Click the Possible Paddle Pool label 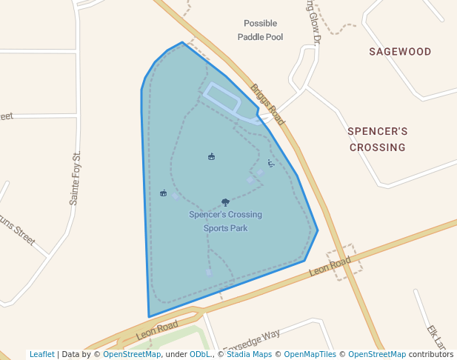260,30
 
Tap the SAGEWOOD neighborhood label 400,52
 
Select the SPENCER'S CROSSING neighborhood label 378,139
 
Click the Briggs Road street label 267,104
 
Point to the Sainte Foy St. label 74,179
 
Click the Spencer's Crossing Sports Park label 225,221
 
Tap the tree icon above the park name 225,202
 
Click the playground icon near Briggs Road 271,164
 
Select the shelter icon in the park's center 212,156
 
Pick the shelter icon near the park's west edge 163,193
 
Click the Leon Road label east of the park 330,267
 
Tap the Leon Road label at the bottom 157,330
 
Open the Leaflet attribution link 42,354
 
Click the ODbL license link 200,354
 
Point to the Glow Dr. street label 310,30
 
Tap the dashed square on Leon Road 345,262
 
